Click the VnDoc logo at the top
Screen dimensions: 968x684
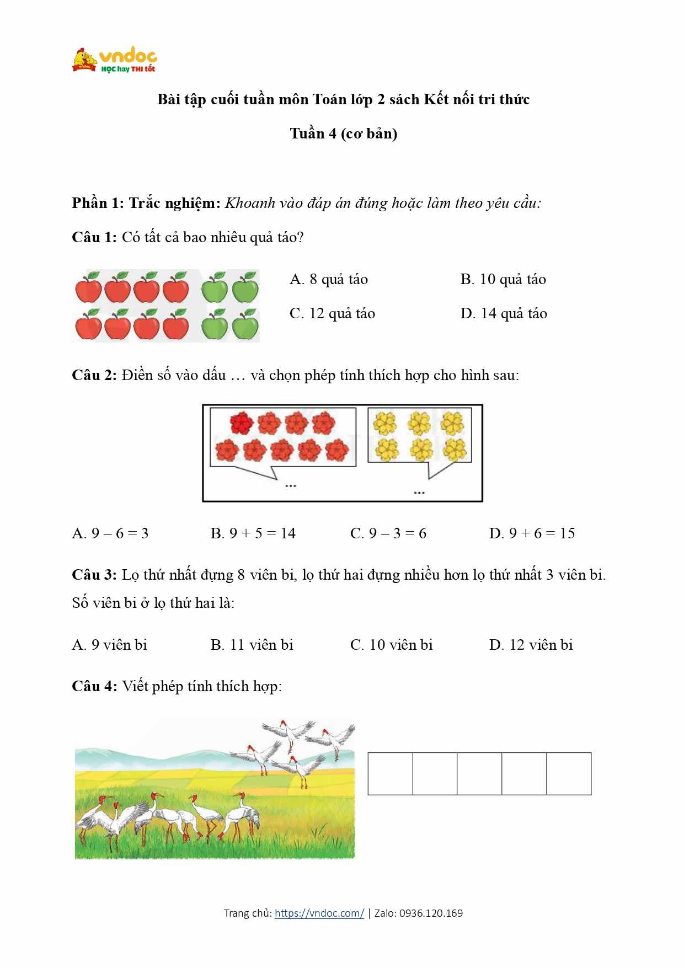(115, 60)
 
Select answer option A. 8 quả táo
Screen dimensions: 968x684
(329, 280)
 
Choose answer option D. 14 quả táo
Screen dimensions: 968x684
(504, 314)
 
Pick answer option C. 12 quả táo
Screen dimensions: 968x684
(332, 314)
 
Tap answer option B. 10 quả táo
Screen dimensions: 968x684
(503, 280)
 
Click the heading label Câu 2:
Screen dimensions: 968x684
(94, 376)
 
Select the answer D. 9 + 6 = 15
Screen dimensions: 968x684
(532, 533)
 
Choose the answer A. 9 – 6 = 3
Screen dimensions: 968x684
(110, 533)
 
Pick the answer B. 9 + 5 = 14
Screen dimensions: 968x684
(253, 533)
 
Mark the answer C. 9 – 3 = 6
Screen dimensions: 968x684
(388, 533)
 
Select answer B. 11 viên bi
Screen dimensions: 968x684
(252, 645)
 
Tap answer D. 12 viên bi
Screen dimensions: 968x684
(531, 645)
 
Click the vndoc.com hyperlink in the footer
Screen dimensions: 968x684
(319, 913)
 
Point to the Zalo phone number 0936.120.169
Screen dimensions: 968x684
(431, 913)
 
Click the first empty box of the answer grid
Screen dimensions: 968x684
(391, 773)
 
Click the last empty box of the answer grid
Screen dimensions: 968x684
(569, 773)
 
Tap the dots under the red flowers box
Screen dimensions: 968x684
(291, 486)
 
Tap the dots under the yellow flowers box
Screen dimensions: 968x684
(419, 493)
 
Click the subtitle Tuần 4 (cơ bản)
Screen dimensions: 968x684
(344, 134)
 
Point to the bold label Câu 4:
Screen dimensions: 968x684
(94, 687)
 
